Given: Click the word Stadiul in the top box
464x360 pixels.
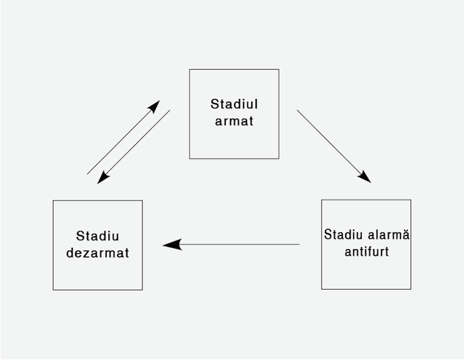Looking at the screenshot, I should [x=234, y=105].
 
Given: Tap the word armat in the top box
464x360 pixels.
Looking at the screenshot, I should [x=234, y=122].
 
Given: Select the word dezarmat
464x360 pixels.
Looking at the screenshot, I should [x=98, y=253].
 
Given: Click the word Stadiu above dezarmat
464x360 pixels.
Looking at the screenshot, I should [x=98, y=236].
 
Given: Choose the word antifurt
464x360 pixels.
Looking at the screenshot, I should [x=366, y=252].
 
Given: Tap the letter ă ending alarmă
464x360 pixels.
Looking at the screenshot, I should [x=406, y=235].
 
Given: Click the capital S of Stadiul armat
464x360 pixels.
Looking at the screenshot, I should [x=214, y=105].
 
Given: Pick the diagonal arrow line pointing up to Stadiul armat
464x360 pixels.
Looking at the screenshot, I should [x=120, y=140].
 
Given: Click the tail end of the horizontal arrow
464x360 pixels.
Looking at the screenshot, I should [x=298, y=244].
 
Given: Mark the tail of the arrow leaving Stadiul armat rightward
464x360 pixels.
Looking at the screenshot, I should [x=298, y=111].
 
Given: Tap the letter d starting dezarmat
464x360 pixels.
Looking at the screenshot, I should [x=70, y=253].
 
